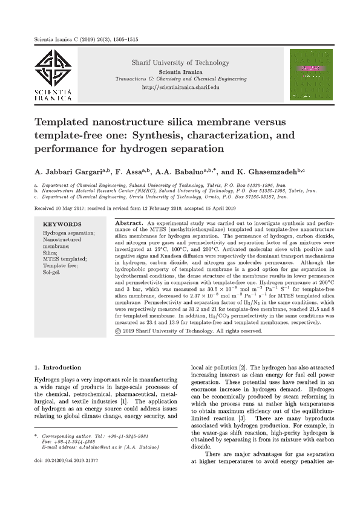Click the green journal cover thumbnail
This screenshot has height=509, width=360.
tap(312, 75)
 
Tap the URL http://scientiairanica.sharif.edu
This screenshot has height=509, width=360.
tap(180, 88)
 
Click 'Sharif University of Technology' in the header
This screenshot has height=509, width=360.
tap(180, 62)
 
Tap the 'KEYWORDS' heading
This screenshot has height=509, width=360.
tap(60, 224)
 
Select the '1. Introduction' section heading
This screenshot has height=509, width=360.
tap(58, 367)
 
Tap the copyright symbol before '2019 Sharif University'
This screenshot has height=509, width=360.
tap(118, 331)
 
